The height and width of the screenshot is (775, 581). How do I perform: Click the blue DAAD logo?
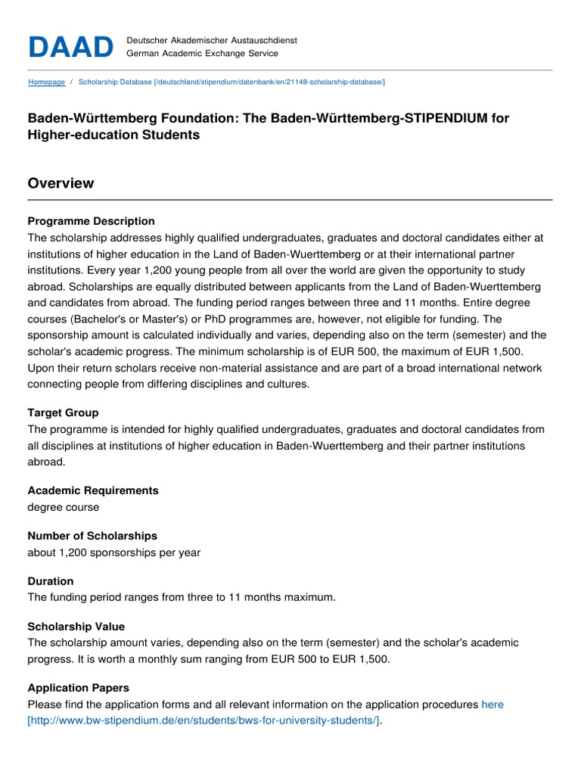pos(70,46)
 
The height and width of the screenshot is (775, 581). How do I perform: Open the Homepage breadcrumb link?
pos(46,82)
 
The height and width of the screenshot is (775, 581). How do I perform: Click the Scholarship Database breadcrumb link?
pos(231,82)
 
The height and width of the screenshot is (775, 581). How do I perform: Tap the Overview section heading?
pos(61,183)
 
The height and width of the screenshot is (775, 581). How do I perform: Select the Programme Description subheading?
pos(91,221)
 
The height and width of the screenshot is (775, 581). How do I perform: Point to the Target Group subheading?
pos(63,413)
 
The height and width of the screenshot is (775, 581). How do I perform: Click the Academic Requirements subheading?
pos(93,490)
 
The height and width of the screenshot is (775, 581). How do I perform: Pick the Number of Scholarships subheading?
pos(92,536)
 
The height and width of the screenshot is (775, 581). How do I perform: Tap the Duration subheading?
pos(51,581)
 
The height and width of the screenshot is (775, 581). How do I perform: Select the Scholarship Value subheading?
pos(76,627)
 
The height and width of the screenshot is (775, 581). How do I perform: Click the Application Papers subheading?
pos(79,688)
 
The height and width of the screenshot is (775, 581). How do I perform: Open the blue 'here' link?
pos(492,705)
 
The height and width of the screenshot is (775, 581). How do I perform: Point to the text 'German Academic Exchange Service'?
pos(202,54)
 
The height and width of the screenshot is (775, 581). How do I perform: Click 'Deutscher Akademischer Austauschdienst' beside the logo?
pos(212,39)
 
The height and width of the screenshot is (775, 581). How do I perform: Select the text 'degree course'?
pos(63,507)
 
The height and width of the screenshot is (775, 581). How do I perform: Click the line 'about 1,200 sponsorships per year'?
pos(114,552)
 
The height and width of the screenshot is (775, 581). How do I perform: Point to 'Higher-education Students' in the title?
pos(113,135)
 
